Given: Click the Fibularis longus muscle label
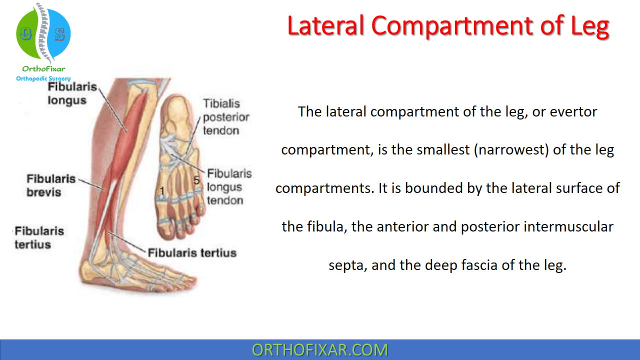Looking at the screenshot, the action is click(72, 93).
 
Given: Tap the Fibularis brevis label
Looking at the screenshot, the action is click(51, 185).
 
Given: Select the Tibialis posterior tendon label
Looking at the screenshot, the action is click(226, 117).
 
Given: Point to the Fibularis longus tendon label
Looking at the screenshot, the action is click(229, 187).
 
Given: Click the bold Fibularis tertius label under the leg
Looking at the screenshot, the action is click(192, 253).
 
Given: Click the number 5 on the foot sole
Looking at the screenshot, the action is click(196, 180).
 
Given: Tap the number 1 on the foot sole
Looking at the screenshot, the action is click(162, 191).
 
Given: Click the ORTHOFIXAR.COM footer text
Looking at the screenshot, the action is click(319, 350).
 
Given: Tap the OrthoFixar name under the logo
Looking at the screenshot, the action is click(43, 68).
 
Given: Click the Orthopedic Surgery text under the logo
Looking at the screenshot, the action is click(43, 78).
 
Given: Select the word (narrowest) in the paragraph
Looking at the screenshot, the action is click(511, 149).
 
